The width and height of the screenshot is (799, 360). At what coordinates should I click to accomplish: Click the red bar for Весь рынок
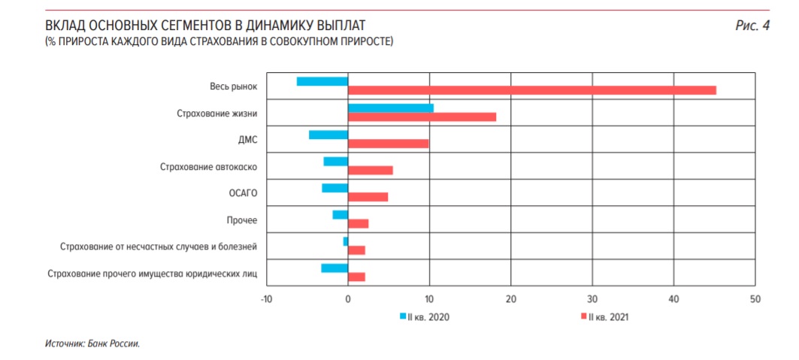pyautogui.click(x=531, y=90)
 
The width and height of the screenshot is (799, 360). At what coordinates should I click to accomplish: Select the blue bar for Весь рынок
pyautogui.click(x=322, y=81)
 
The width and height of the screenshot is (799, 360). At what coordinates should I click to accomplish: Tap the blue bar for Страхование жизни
pyautogui.click(x=390, y=108)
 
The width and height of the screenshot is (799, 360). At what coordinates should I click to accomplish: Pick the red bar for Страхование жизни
pyautogui.click(x=422, y=117)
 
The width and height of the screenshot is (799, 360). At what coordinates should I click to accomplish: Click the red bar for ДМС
pyautogui.click(x=388, y=144)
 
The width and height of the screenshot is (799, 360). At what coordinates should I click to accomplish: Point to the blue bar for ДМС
pyautogui.click(x=328, y=135)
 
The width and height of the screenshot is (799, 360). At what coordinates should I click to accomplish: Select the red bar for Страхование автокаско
pyautogui.click(x=370, y=170)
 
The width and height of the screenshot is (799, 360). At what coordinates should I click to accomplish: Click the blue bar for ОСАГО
pyautogui.click(x=334, y=188)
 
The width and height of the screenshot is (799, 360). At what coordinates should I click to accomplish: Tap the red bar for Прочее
pyautogui.click(x=358, y=223)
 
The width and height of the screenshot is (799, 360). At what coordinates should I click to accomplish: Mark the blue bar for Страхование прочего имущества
pyautogui.click(x=334, y=268)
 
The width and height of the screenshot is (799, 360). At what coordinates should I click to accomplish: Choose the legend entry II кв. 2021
pyautogui.click(x=605, y=316)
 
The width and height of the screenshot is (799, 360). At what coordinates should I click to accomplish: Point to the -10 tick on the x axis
pyautogui.click(x=266, y=300)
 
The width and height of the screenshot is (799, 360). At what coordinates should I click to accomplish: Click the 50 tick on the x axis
pyautogui.click(x=755, y=300)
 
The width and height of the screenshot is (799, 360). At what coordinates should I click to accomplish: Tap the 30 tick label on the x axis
pyautogui.click(x=592, y=300)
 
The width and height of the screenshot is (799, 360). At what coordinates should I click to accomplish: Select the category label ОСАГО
pyautogui.click(x=243, y=193)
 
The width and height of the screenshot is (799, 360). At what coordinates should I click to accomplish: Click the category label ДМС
pyautogui.click(x=247, y=140)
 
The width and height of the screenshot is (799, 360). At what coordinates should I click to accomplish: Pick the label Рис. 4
pyautogui.click(x=752, y=26)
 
